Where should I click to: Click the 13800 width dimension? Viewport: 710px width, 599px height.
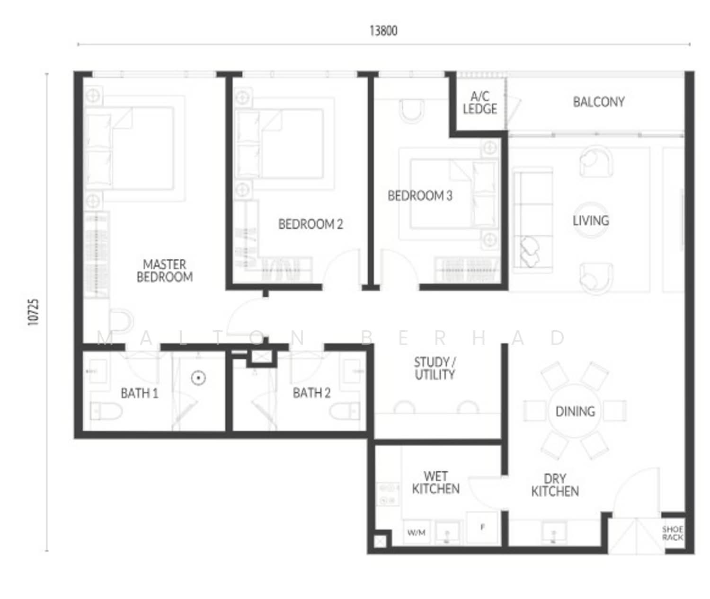pyautogui.click(x=383, y=31)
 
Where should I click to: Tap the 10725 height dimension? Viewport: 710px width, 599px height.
pyautogui.click(x=33, y=312)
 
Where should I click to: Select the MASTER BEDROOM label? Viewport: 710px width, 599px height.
pyautogui.click(x=165, y=271)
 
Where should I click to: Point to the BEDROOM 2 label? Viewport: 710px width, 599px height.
pyautogui.click(x=311, y=224)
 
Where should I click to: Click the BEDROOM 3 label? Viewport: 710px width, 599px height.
pyautogui.click(x=420, y=195)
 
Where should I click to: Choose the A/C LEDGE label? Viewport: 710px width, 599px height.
pyautogui.click(x=480, y=103)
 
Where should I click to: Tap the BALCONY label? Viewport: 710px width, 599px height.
pyautogui.click(x=599, y=102)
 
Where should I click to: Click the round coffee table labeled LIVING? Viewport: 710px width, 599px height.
pyautogui.click(x=591, y=220)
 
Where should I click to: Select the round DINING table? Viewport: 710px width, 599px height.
pyautogui.click(x=575, y=411)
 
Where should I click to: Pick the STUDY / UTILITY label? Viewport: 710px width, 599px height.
pyautogui.click(x=435, y=369)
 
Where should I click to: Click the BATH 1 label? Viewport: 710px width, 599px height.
pyautogui.click(x=140, y=393)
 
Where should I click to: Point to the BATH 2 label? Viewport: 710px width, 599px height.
pyautogui.click(x=311, y=393)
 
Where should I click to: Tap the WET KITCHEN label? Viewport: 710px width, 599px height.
pyautogui.click(x=435, y=483)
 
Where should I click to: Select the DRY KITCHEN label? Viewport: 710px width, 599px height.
pyautogui.click(x=555, y=485)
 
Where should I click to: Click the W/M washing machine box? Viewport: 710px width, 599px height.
pyautogui.click(x=416, y=532)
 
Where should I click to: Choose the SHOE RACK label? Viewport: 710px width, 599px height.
pyautogui.click(x=673, y=533)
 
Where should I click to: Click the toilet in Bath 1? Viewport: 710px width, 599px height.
pyautogui.click(x=106, y=412)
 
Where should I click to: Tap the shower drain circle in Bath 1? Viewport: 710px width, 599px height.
pyautogui.click(x=199, y=378)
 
